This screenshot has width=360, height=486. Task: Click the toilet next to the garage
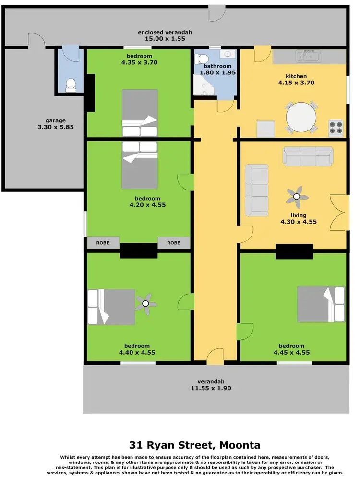click(71, 84)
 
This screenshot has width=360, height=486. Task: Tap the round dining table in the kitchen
click(301, 117)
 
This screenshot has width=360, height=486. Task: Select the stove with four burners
click(335, 127)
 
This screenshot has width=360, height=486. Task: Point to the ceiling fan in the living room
click(296, 196)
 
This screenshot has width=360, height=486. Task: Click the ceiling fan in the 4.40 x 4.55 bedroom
click(146, 303)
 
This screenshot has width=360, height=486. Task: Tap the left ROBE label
click(103, 243)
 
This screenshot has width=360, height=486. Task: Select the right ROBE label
click(174, 243)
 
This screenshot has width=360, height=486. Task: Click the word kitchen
click(296, 76)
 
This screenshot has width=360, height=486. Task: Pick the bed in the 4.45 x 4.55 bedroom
click(321, 304)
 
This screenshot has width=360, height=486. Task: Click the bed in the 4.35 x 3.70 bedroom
click(140, 114)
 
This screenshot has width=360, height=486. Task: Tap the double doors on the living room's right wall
click(338, 213)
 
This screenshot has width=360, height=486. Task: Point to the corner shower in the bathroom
click(203, 86)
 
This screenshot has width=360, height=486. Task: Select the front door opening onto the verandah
click(215, 356)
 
